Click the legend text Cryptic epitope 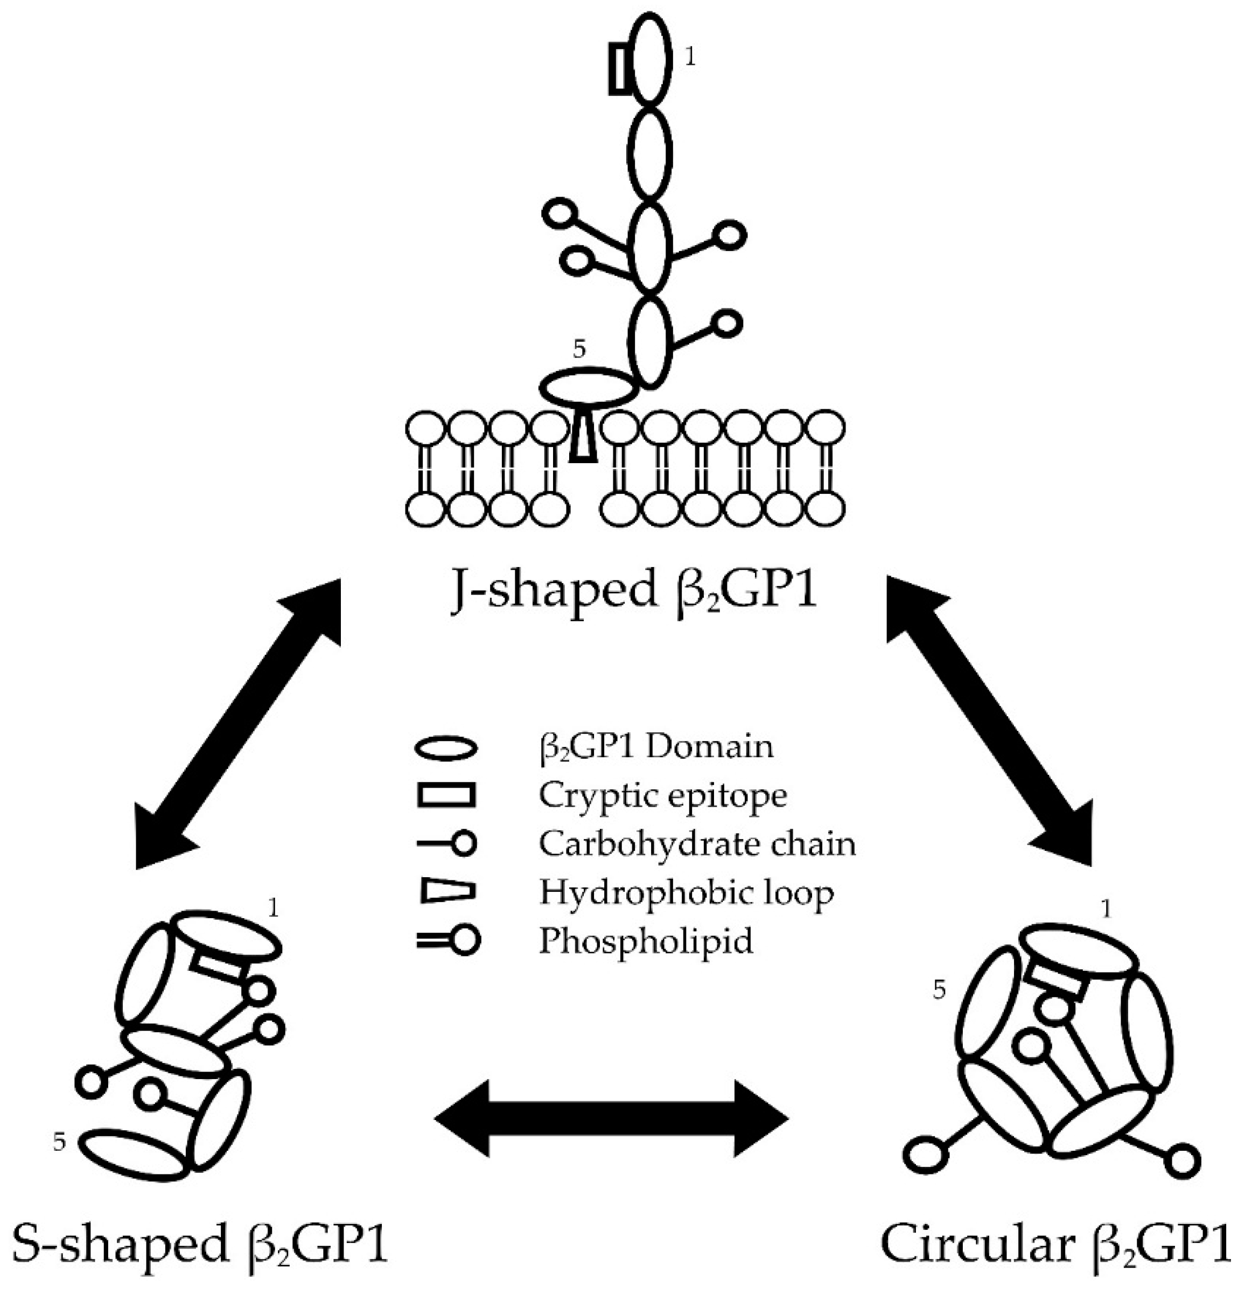pyautogui.click(x=662, y=796)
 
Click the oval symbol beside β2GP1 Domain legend pyautogui.click(x=445, y=750)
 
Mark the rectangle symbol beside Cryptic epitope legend pyautogui.click(x=445, y=796)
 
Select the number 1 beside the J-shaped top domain pyautogui.click(x=690, y=58)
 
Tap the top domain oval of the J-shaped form pyautogui.click(x=650, y=56)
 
